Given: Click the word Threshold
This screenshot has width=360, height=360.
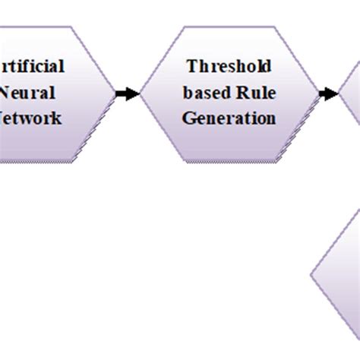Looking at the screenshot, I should point(228,66).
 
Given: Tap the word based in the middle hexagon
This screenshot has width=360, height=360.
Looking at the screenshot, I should point(203,93).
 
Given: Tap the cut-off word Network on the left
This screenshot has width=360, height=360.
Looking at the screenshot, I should point(30,118).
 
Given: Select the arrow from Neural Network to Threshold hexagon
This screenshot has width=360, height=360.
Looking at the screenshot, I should point(128,93).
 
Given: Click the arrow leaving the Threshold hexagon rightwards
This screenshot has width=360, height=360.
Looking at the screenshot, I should point(328,93).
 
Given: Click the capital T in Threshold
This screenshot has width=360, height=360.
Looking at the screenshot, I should point(191,66).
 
